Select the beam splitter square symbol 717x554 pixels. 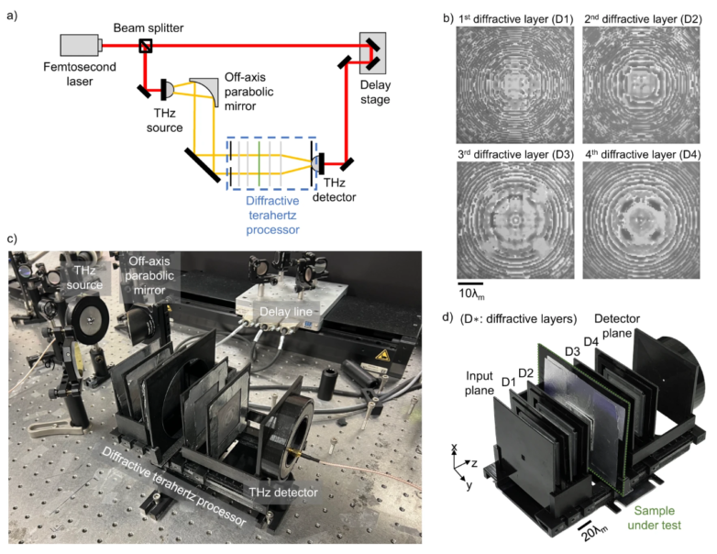click(x=144, y=43)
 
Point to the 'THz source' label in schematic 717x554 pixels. click(x=169, y=118)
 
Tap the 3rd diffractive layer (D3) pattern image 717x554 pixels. click(x=515, y=213)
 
